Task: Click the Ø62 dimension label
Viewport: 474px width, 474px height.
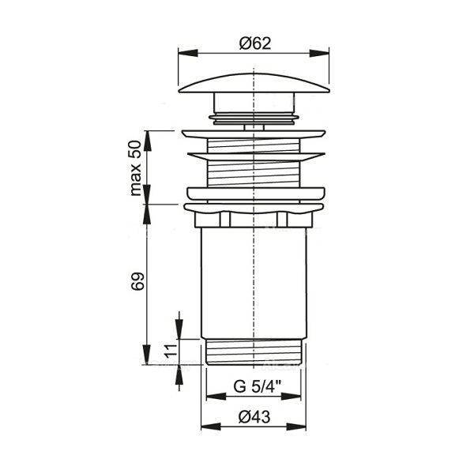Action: click(255, 43)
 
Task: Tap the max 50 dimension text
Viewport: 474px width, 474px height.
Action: click(136, 168)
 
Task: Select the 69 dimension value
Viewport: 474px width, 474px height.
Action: click(137, 281)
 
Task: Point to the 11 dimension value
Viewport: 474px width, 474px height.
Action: click(171, 350)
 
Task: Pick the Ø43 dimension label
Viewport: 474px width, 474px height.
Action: click(254, 417)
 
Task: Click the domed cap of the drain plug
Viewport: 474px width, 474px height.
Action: click(254, 83)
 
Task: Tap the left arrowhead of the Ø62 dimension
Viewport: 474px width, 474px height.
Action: click(188, 53)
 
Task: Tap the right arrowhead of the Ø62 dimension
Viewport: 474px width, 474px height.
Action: click(319, 53)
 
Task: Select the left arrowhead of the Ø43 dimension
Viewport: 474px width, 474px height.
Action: click(211, 427)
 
